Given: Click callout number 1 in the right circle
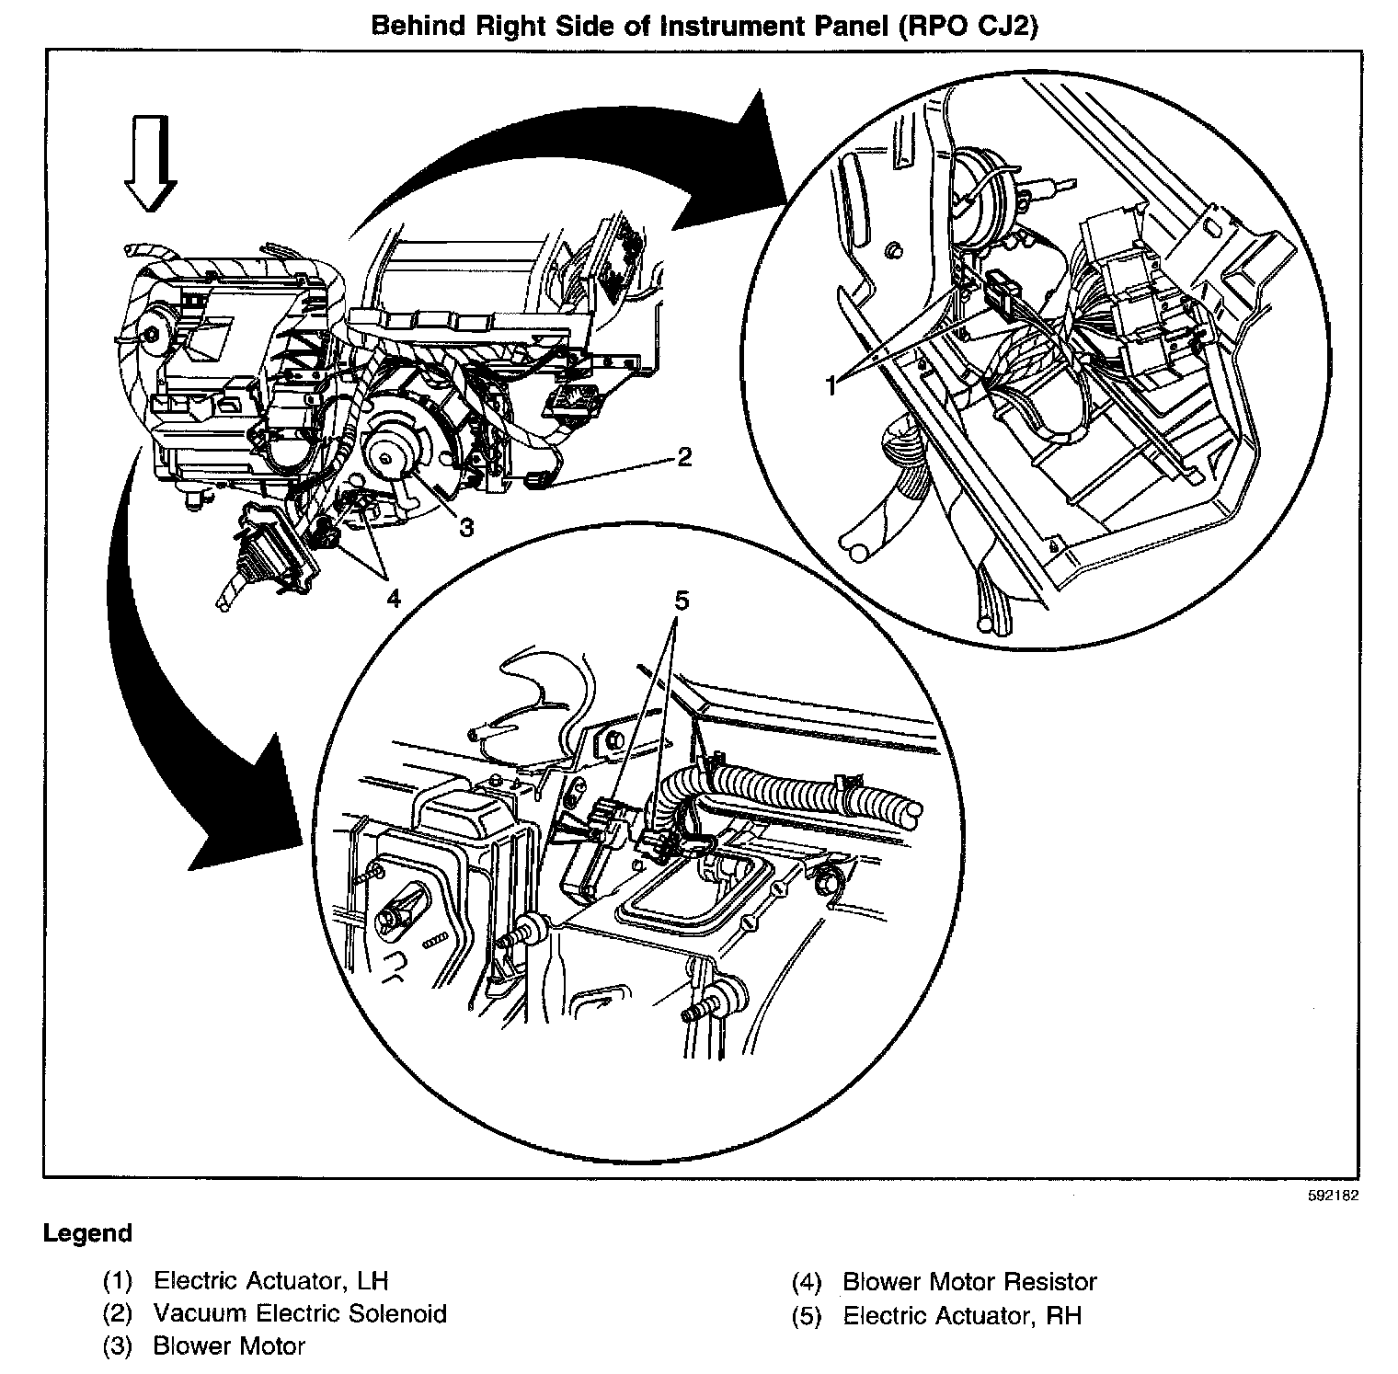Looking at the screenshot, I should pos(831,385).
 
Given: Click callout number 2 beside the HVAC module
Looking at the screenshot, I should pos(683,457).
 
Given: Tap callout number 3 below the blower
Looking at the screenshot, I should pos(466,527).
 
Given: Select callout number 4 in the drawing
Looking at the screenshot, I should pos(393,599).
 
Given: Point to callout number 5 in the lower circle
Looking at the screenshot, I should pos(681,601).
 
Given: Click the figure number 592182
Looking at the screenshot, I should pos(1332,1197).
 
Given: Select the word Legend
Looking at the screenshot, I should pos(87,1233).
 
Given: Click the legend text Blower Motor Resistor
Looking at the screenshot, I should pos(969,1281).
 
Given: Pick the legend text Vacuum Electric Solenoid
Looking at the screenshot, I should pos(300,1313).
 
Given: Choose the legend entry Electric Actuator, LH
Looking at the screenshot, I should pos(270,1280).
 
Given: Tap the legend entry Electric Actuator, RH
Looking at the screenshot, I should pos(962,1315).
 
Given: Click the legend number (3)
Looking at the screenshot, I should pos(118,1346).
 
